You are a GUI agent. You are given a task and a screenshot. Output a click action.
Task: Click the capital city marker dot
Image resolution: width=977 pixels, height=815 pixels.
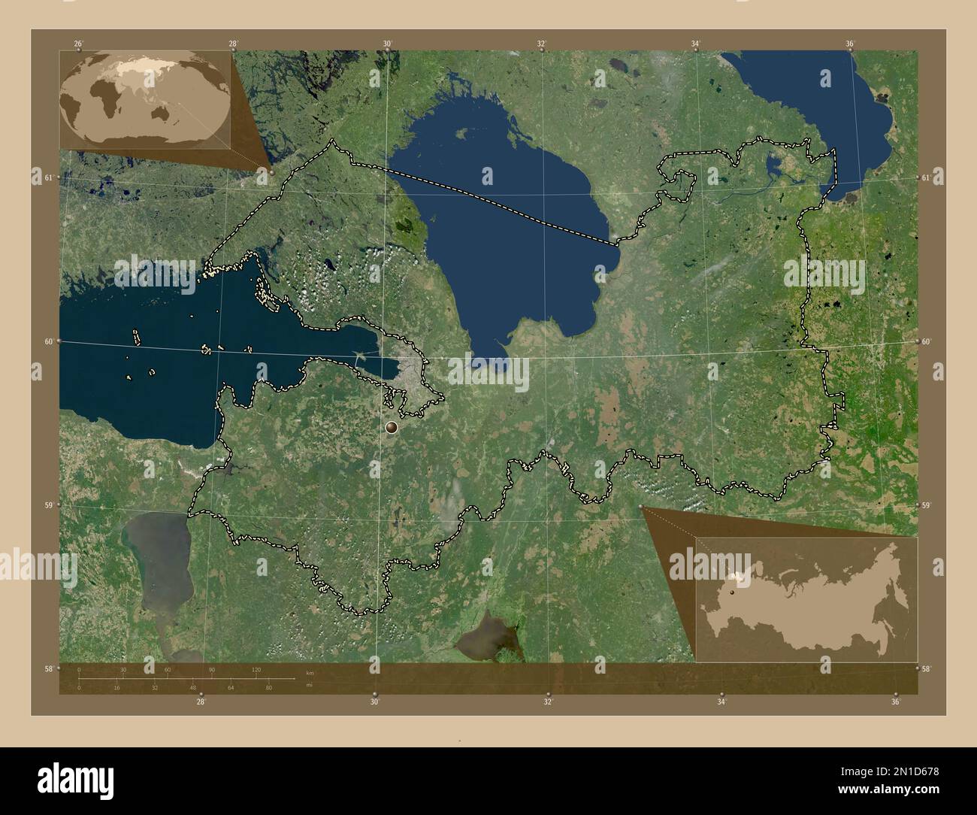coord(392,427)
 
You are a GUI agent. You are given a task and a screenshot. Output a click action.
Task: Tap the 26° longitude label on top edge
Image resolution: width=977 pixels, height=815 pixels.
coord(78,44)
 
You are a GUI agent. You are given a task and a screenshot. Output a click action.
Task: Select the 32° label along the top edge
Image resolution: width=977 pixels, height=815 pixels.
coord(541,44)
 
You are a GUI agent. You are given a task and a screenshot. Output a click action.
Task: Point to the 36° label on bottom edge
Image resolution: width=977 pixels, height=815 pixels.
coord(895,702)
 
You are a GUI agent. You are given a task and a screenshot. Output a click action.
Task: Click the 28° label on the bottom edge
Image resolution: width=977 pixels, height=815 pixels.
coord(201,702)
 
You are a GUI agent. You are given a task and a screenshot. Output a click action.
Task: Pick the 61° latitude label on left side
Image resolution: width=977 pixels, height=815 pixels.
coord(49,177)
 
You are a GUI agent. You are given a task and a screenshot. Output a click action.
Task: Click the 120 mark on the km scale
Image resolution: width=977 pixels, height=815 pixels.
coord(256,670)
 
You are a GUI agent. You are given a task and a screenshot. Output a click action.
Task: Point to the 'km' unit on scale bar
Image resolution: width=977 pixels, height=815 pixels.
coord(310,672)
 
